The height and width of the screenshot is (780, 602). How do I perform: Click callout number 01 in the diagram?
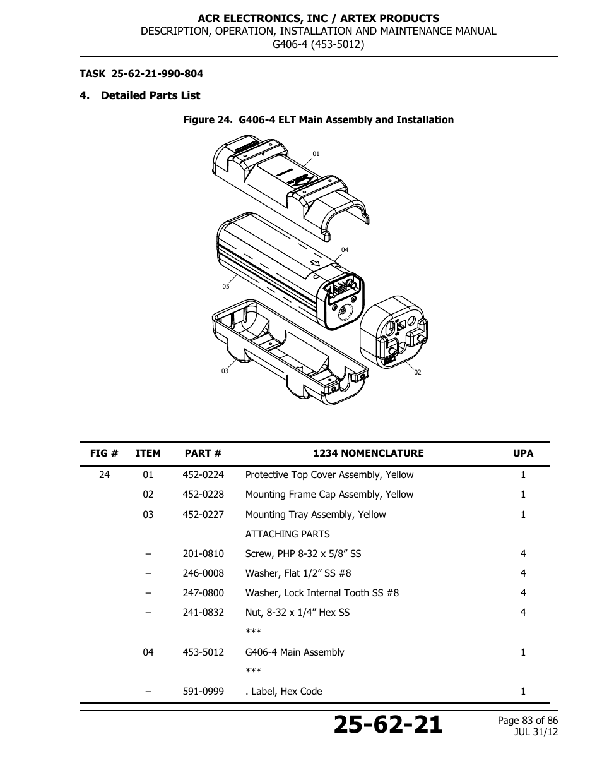316,153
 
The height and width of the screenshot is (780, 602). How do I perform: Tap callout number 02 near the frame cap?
417,373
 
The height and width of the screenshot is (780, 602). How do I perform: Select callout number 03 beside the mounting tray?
225,371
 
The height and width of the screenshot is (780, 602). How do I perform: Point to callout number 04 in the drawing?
345,250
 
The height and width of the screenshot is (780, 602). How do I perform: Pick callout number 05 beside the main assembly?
225,287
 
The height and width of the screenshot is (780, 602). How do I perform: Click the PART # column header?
203,453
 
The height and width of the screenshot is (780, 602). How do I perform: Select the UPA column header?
522,453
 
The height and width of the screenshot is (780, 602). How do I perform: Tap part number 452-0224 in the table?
203,475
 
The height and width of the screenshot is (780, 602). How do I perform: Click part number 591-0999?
203,692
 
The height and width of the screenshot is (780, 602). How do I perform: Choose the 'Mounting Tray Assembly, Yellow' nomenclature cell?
315,515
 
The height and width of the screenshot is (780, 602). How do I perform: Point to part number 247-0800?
203,593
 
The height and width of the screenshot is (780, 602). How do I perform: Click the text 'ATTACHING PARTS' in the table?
287,534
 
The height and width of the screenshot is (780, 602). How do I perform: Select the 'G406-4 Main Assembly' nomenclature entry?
295,652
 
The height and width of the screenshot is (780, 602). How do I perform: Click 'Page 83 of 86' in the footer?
528,721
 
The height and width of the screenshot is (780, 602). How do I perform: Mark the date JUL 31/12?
536,732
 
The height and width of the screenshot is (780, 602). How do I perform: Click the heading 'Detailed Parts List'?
150,95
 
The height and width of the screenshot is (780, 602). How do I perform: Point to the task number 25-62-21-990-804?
157,74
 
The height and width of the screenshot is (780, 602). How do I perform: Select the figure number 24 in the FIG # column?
104,475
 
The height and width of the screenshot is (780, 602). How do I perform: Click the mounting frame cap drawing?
393,332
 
